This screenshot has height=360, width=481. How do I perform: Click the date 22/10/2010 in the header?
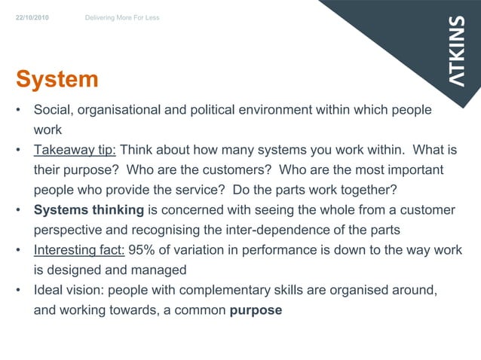point(33,17)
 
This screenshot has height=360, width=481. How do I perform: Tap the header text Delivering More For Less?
point(121,17)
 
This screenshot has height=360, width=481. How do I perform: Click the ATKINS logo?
point(458,51)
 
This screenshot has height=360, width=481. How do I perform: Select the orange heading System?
point(57,80)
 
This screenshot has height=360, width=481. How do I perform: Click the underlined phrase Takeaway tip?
point(74,149)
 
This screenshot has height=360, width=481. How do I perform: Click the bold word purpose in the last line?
point(256,310)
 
